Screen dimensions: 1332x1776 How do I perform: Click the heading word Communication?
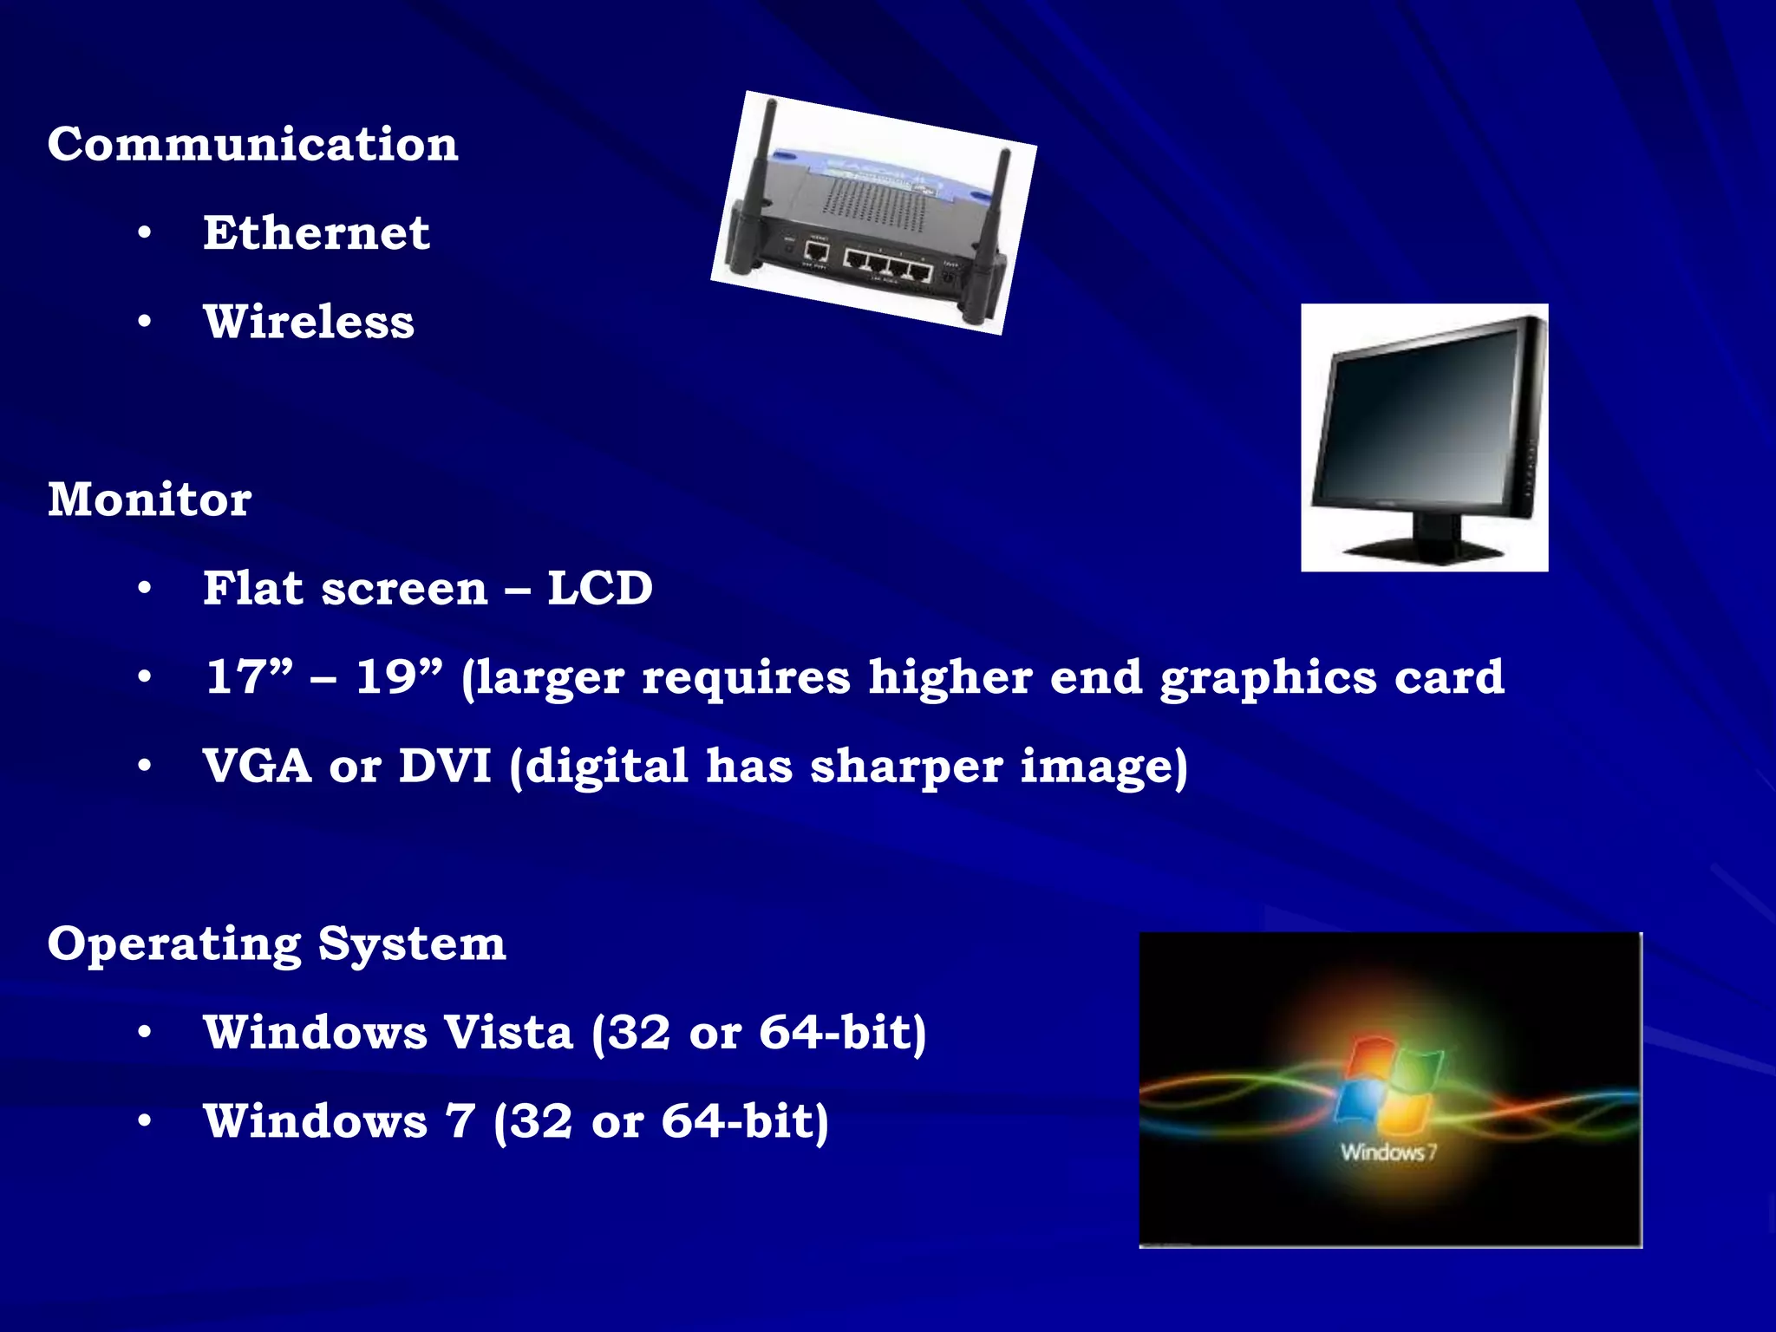coord(252,144)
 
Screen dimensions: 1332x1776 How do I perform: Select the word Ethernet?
coord(316,233)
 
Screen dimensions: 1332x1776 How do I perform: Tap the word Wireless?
coord(309,322)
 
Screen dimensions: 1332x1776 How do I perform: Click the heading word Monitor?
coord(149,499)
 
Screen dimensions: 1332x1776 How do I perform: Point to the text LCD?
coord(599,588)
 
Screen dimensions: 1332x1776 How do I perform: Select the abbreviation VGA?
coord(257,767)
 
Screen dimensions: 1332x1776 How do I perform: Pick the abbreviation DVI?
coord(444,767)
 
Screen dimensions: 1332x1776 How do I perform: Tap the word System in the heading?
coord(412,943)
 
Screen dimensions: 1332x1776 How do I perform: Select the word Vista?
coord(508,1033)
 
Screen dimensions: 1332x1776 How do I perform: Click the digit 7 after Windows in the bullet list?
coord(460,1121)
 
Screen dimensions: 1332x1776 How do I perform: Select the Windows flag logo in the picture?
coord(1389,1084)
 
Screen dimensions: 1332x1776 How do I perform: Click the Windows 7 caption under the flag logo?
coord(1388,1152)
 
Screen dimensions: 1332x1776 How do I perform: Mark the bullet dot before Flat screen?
coord(145,588)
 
